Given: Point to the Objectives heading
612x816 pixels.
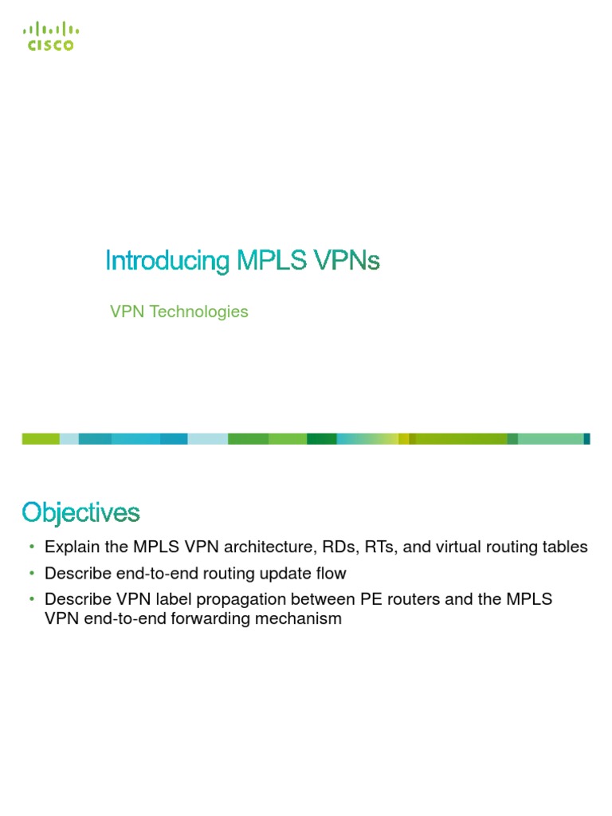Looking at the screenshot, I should (80, 512).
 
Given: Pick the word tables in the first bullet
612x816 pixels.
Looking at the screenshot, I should (565, 547).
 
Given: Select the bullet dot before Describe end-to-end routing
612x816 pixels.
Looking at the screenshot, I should (32, 574).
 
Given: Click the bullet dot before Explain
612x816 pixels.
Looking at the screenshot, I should (32, 547).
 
